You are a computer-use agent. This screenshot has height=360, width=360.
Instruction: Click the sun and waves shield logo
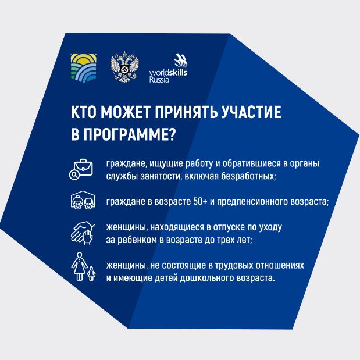point(84,67)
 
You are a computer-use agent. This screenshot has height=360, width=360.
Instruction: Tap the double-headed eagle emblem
point(124,67)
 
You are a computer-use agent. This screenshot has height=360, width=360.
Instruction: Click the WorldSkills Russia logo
point(168,68)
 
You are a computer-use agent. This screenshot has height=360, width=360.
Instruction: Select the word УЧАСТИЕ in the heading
point(251,112)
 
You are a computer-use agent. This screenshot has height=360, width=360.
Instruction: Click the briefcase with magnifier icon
point(81,169)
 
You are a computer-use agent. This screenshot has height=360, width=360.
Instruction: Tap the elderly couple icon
point(83,200)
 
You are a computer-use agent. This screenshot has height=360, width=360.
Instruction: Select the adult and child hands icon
point(83,233)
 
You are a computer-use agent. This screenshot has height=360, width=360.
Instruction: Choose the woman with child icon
point(83,266)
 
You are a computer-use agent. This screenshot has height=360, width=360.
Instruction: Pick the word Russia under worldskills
point(159,80)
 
